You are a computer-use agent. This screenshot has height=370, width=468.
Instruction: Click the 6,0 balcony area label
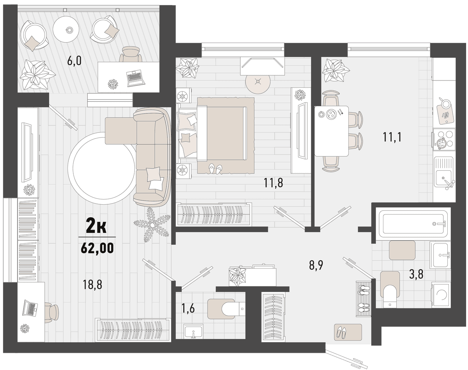click(74, 61)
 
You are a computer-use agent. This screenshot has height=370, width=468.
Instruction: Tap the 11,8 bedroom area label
click(273, 182)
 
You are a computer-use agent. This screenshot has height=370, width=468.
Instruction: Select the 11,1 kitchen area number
click(392, 137)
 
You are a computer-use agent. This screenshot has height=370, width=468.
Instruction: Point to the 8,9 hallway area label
click(316, 265)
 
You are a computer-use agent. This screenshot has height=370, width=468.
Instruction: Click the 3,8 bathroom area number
click(416, 274)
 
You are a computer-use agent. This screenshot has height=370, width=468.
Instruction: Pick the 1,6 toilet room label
click(188, 309)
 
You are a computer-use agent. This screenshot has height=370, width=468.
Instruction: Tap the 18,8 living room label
click(92, 284)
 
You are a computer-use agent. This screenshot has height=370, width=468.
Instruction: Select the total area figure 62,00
click(97, 248)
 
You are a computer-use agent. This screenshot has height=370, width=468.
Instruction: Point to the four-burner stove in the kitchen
click(444, 139)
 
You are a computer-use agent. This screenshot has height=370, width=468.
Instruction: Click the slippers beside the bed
click(215, 169)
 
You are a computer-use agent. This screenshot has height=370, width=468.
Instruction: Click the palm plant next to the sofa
click(152, 225)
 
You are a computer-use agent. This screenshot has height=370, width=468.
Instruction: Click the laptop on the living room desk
click(30, 308)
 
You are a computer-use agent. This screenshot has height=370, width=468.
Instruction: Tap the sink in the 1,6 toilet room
click(193, 331)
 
